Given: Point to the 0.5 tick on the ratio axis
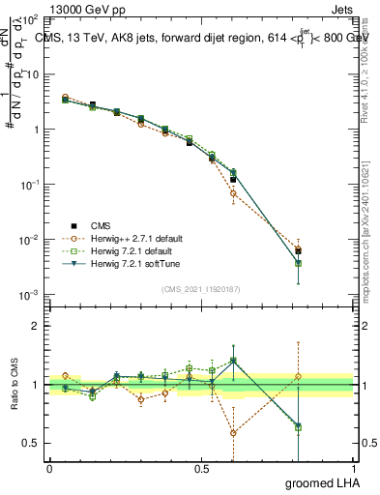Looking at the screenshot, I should point(31,443).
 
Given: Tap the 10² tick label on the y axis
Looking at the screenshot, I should point(29,19).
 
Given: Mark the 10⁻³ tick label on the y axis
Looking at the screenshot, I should point(29,294).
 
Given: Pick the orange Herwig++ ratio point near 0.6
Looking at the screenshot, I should point(233,432).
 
